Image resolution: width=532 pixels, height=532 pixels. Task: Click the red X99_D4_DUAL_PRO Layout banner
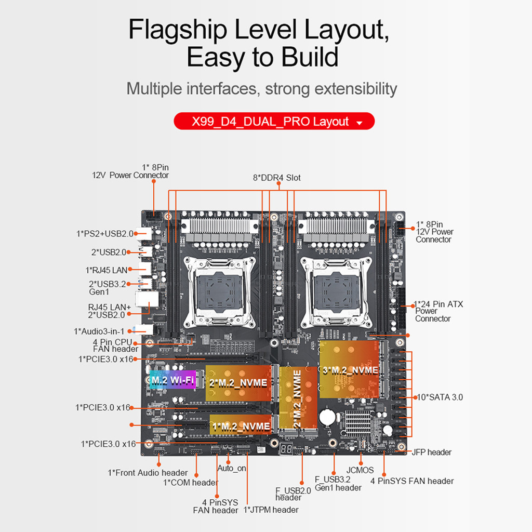click(x=274, y=122)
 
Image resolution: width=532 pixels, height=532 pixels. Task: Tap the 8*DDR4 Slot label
click(x=276, y=178)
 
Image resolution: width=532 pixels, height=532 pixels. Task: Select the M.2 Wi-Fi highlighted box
click(x=172, y=380)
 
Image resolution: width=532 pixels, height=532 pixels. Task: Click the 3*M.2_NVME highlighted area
click(x=349, y=370)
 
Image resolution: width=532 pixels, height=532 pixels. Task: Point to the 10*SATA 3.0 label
click(x=440, y=397)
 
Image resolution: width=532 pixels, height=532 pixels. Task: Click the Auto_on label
click(x=232, y=468)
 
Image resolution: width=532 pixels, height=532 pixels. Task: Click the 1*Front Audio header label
click(x=148, y=473)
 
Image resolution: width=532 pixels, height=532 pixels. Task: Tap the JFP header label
click(x=431, y=452)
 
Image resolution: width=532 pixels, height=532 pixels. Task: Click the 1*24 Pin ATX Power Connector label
click(x=438, y=311)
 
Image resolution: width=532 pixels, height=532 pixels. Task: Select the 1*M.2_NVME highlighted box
click(x=241, y=426)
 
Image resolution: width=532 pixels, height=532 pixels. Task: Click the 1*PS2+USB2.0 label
click(x=104, y=234)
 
